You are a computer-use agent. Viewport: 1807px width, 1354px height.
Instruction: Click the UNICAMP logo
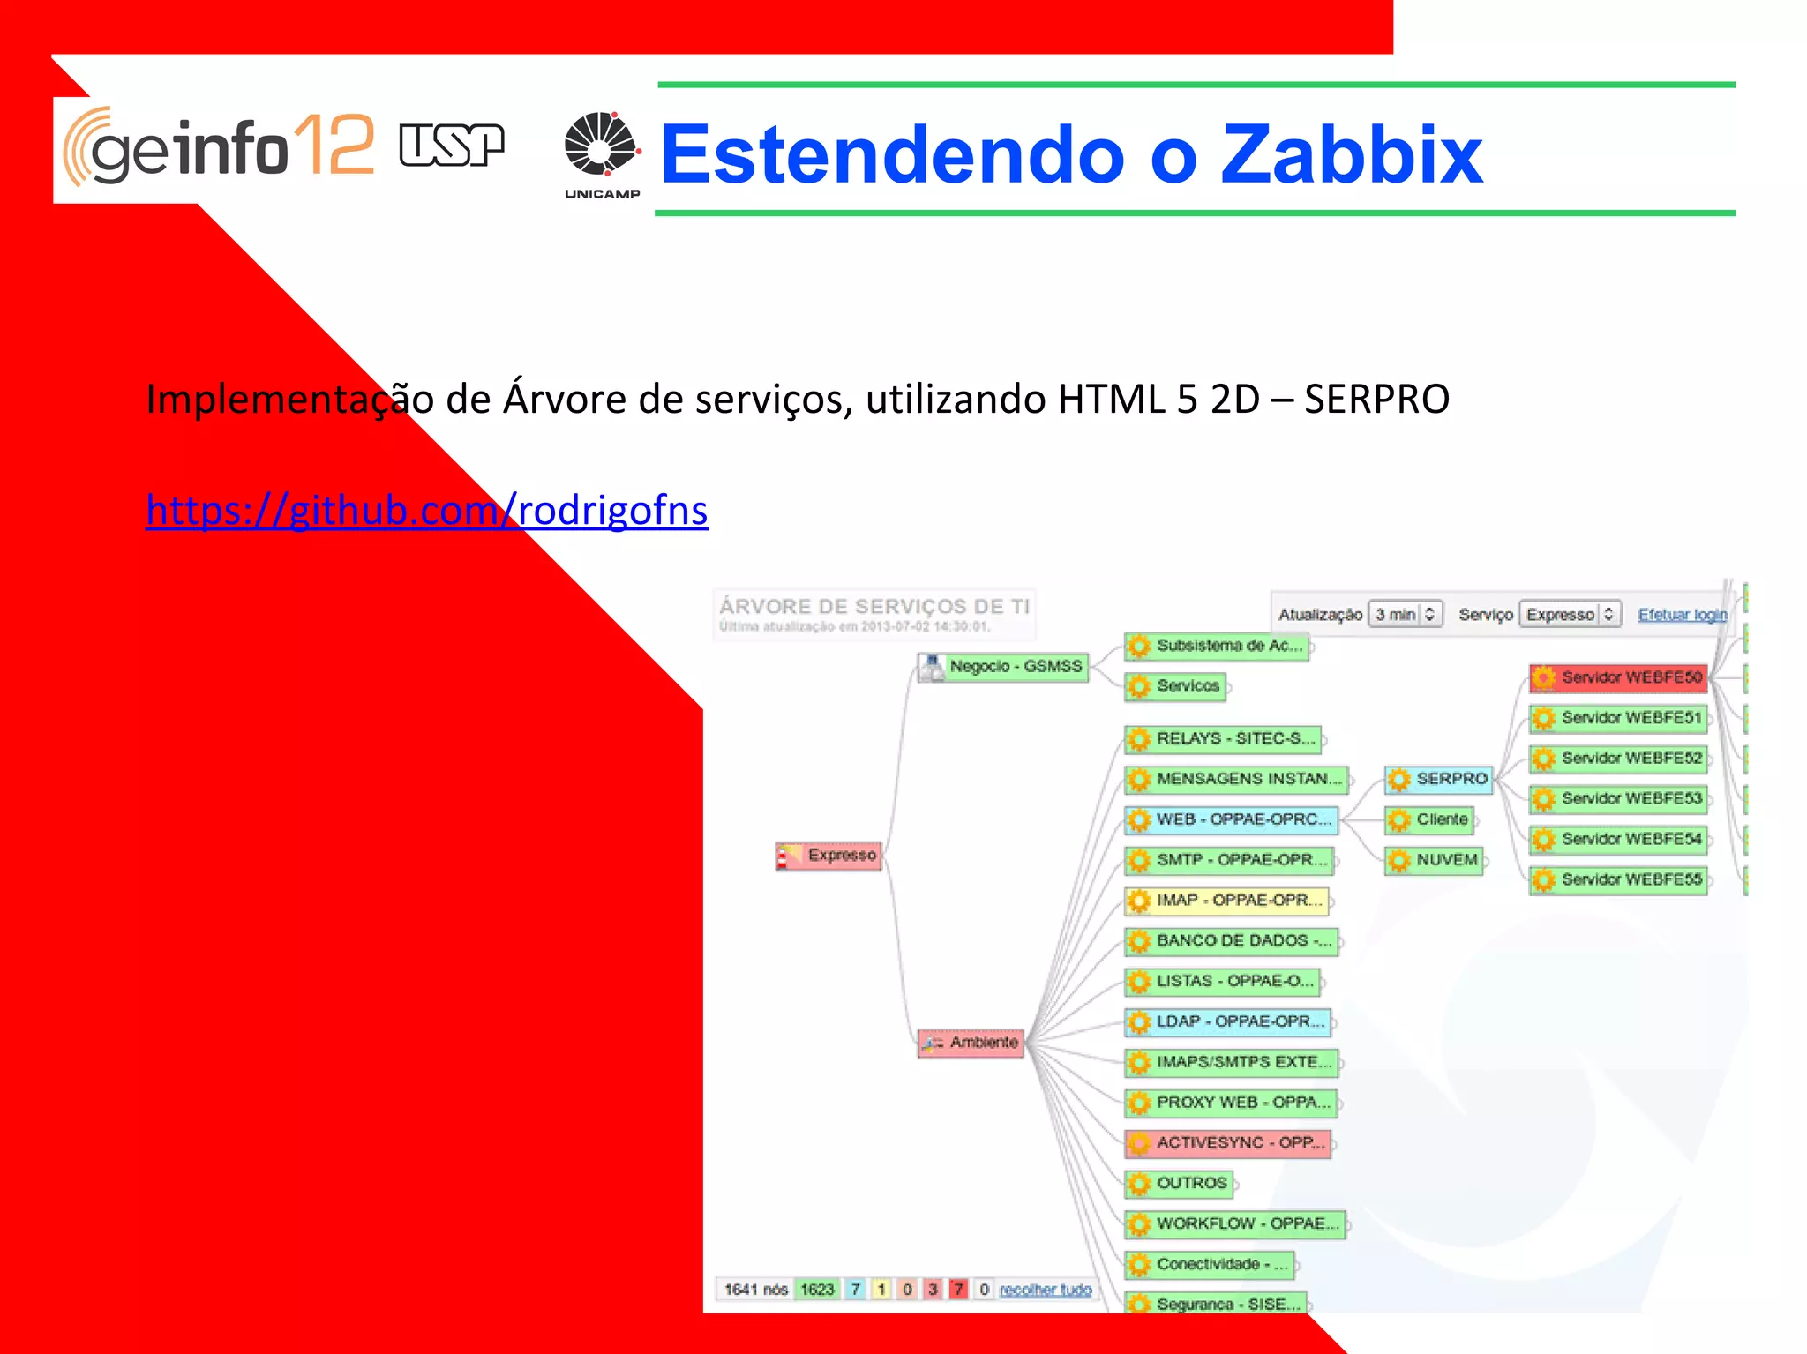click(x=602, y=154)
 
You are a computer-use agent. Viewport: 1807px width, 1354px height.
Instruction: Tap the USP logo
click(x=451, y=146)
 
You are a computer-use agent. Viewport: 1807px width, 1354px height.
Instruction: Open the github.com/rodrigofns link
click(x=427, y=511)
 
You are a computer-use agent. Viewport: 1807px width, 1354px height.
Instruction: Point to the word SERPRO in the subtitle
click(x=1376, y=400)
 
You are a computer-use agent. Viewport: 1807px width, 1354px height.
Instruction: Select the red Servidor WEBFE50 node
click(x=1619, y=677)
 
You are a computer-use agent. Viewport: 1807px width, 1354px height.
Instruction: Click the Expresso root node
click(x=829, y=856)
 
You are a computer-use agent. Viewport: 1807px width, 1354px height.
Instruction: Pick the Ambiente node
click(x=971, y=1043)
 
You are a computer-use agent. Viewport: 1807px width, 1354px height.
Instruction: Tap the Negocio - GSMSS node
click(x=1004, y=666)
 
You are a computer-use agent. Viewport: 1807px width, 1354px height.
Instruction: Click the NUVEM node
click(x=1435, y=860)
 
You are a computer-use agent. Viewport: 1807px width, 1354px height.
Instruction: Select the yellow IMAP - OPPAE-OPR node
click(x=1227, y=901)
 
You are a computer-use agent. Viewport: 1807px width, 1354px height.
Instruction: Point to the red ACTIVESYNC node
click(x=1229, y=1143)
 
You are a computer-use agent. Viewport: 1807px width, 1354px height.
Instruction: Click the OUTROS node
click(x=1179, y=1184)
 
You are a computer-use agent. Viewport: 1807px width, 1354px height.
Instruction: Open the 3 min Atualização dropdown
click(x=1406, y=614)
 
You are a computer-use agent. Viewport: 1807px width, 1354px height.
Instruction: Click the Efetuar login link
click(x=1682, y=615)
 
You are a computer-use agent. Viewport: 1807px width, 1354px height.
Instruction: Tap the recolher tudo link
click(x=1046, y=1290)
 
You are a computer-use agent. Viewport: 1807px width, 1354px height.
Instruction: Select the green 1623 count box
click(x=817, y=1290)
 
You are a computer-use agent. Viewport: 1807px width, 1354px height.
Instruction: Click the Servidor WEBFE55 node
click(x=1619, y=879)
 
